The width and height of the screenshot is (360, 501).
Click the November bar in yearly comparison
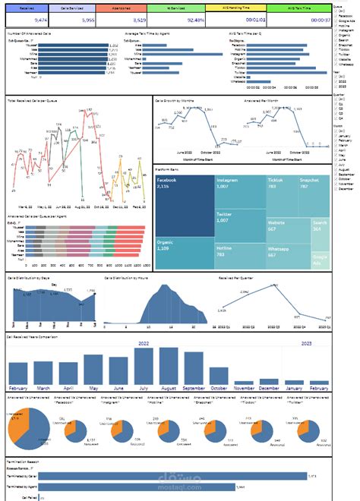(244, 382)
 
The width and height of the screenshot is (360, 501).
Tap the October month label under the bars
(219, 389)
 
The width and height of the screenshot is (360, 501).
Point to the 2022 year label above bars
(144, 343)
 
